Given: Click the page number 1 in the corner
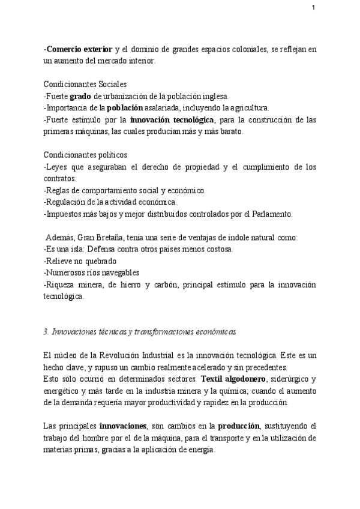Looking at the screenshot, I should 313,8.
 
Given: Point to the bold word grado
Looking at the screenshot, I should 80,96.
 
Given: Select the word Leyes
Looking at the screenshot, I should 58,167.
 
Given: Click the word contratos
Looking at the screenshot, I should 59,178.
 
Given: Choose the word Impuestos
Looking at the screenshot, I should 66,214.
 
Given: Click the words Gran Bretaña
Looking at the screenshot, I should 98,237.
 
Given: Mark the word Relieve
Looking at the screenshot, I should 61,261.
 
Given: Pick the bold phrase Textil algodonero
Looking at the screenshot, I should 235,379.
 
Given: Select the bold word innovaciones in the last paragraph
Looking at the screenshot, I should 124,426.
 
